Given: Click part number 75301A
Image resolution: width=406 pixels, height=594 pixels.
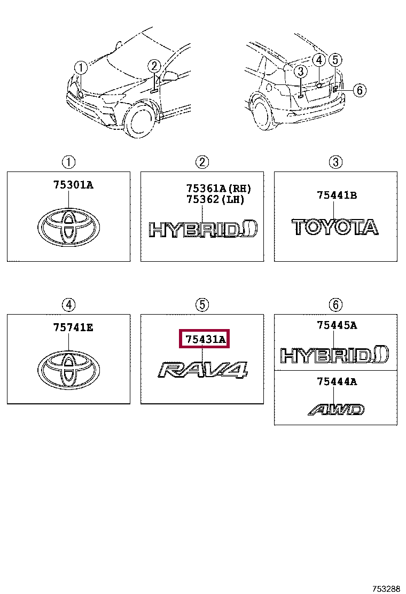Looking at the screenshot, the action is pos(73,185).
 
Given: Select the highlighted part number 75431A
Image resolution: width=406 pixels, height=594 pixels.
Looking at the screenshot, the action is pos(205,339).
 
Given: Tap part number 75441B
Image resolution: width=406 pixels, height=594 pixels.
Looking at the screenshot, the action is pos(337,195).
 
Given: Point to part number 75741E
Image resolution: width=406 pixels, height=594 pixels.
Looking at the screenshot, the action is pos(73,327).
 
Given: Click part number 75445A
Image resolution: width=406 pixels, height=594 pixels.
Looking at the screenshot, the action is pos(337,325).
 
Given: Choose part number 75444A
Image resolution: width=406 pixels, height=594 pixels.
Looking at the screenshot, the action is pos(337,381).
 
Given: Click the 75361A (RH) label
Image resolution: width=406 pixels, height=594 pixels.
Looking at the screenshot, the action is pos(218,188).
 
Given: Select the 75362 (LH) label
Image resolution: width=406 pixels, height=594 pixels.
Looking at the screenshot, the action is pos(215,199).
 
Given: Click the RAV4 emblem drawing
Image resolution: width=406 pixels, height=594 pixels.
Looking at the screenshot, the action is pos(202,370).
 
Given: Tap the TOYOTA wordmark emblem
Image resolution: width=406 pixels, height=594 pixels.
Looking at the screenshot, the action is pos(335,227).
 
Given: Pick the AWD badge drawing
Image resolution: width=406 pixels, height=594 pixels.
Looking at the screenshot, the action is pos(336,410).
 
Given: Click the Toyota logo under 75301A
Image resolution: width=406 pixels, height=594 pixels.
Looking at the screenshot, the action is pos(68,227).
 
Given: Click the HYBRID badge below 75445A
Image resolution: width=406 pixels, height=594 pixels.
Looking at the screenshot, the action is pos(334,355).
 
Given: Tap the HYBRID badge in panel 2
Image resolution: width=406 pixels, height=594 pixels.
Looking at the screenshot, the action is pos(203,229).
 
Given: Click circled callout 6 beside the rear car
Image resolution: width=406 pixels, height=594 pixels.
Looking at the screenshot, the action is pos(360,90).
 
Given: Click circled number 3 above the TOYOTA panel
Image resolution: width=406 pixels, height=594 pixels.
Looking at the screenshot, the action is pos(335,162).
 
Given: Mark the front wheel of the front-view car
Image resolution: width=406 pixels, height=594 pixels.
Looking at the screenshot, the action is pos(141,119).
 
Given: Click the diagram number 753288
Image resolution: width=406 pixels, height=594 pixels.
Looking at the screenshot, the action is pos(386,589).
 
